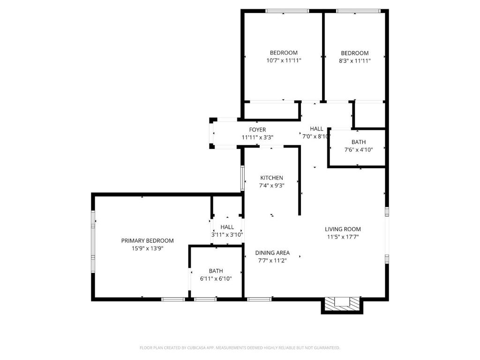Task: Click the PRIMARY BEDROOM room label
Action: [147, 240]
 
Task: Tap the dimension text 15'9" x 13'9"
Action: [147, 248]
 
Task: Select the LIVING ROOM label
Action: [343, 229]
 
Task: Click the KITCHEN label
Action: [272, 178]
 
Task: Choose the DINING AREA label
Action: [272, 253]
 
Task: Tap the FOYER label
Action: [257, 130]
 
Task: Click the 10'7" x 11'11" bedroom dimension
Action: [284, 60]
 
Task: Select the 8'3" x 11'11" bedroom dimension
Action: [355, 60]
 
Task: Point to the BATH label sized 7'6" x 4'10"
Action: [359, 142]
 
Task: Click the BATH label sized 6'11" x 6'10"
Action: [216, 271]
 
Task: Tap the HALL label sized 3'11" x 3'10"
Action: [227, 227]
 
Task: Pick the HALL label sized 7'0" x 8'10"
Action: [316, 129]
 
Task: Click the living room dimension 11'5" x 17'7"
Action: [343, 237]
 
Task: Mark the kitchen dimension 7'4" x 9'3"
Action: [272, 185]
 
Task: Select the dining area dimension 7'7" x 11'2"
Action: [272, 260]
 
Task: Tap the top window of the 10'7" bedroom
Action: [287, 11]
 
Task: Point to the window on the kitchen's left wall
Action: [242, 178]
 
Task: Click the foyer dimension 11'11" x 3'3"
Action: [257, 137]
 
